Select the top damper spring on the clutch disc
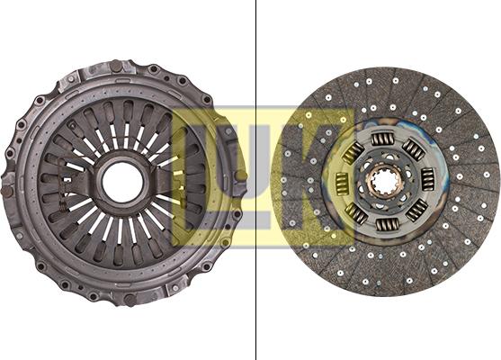tap(382, 139)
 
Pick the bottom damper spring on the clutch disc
tap(389, 225)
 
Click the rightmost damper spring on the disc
tap(428, 179)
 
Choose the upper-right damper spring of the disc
tap(413, 148)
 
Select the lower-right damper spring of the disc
tap(417, 211)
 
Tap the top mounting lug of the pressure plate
tap(118, 66)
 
